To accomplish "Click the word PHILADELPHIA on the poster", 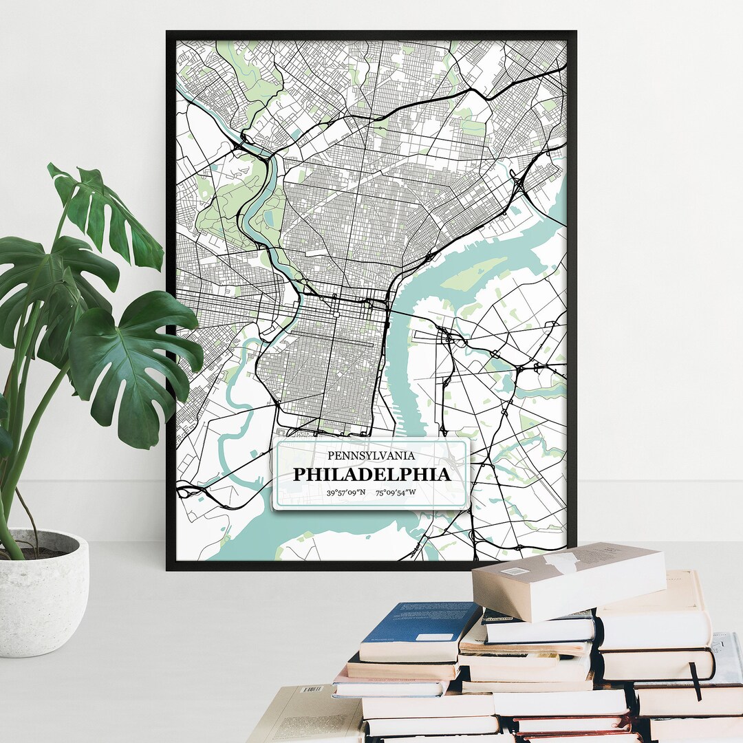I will point(371,475).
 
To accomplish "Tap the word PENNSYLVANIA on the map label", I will point(371,455).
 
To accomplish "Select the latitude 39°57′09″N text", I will point(346,493).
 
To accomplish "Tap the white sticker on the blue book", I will point(434,637).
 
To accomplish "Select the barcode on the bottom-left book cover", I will point(312,689).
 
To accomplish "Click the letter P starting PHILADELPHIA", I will point(299,475).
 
